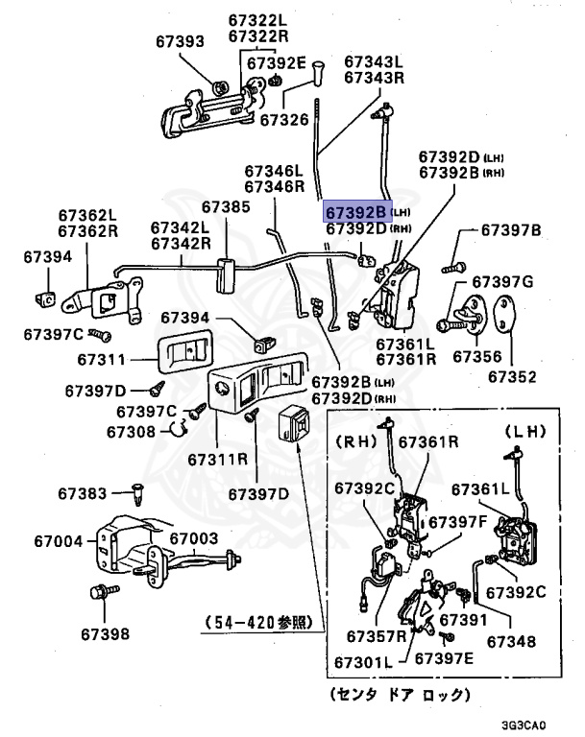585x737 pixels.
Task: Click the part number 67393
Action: tap(180, 41)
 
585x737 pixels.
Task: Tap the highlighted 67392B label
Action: tap(356, 212)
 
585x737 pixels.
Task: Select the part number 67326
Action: tap(284, 120)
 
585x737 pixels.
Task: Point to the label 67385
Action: tap(226, 207)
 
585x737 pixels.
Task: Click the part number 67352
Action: tap(512, 376)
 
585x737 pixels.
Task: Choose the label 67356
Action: tap(477, 356)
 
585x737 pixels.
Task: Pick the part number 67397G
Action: tap(502, 281)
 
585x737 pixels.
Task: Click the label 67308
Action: tap(131, 432)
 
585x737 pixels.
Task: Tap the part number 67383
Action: tap(83, 493)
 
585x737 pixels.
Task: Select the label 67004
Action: tap(59, 541)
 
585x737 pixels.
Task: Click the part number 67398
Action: tap(105, 634)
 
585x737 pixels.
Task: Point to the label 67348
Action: tap(511, 642)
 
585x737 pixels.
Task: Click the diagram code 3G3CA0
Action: tap(524, 725)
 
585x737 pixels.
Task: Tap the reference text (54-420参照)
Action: tap(258, 622)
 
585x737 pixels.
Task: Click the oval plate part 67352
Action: tap(504, 314)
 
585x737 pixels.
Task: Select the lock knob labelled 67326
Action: tap(319, 72)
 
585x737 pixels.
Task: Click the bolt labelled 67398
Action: tap(104, 591)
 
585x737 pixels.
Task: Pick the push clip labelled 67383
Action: tap(137, 493)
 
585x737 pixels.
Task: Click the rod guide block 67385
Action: tap(225, 275)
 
